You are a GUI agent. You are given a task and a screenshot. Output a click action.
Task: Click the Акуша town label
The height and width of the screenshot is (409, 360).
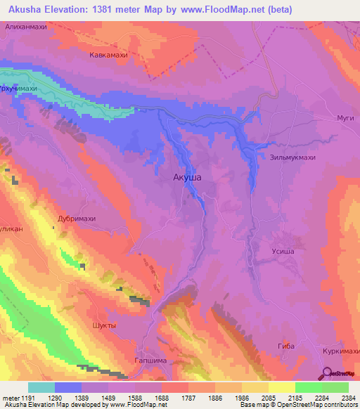187,178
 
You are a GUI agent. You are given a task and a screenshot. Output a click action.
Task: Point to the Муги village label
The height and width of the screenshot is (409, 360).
345,118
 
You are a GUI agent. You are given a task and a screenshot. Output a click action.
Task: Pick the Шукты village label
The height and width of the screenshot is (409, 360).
105,325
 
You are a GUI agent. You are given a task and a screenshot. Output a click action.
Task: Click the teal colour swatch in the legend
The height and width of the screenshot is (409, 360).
41,387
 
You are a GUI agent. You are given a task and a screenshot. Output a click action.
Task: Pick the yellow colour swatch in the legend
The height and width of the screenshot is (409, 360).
281,387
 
